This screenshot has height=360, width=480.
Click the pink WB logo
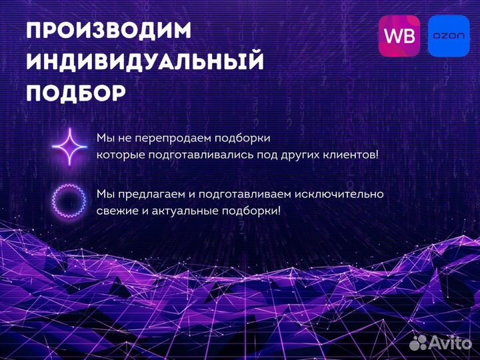point(399,36)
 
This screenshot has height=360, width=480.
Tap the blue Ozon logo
point(449,36)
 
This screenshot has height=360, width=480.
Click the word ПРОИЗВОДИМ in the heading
point(109,31)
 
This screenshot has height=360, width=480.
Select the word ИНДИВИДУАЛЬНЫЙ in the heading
point(145,62)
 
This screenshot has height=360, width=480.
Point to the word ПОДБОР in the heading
point(75,93)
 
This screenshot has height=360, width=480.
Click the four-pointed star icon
point(69,146)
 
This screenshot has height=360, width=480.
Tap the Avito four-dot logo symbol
point(418,342)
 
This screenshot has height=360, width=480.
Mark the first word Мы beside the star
point(105,138)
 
